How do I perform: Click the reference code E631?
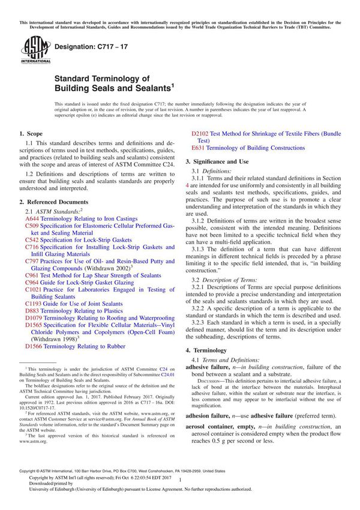point(198,148)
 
